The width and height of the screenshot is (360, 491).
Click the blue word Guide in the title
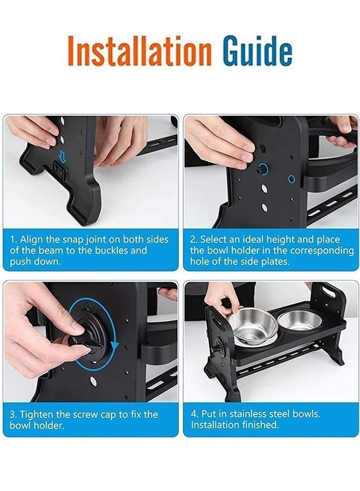pyautogui.click(x=257, y=50)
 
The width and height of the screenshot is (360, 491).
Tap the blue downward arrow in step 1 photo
pyautogui.click(x=63, y=156)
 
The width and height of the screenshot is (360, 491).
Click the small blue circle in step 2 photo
pyautogui.click(x=292, y=179)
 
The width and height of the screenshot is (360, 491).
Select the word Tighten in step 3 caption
pyautogui.click(x=35, y=414)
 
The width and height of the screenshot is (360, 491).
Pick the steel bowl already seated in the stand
pyautogui.click(x=300, y=320)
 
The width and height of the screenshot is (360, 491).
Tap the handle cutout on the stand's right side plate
pyautogui.click(x=329, y=291)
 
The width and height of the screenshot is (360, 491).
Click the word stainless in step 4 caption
pyautogui.click(x=247, y=414)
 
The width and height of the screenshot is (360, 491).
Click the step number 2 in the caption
pyautogui.click(x=193, y=240)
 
